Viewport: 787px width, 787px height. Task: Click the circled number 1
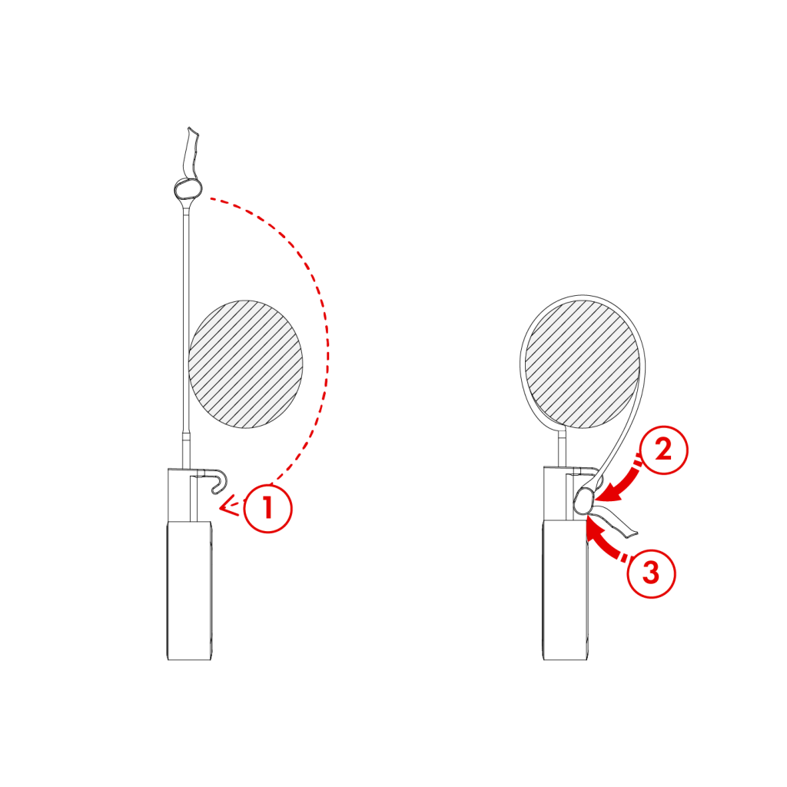click(267, 508)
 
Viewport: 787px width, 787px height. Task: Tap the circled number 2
click(662, 450)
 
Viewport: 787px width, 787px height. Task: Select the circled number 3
click(651, 573)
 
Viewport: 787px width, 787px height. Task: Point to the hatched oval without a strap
click(245, 364)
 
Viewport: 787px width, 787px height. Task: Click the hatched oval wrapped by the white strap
click(582, 364)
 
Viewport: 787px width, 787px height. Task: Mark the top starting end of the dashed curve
click(211, 199)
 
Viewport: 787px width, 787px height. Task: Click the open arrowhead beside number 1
click(225, 506)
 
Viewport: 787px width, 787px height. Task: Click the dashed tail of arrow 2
click(637, 463)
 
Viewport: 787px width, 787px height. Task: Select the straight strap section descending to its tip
click(619, 446)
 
